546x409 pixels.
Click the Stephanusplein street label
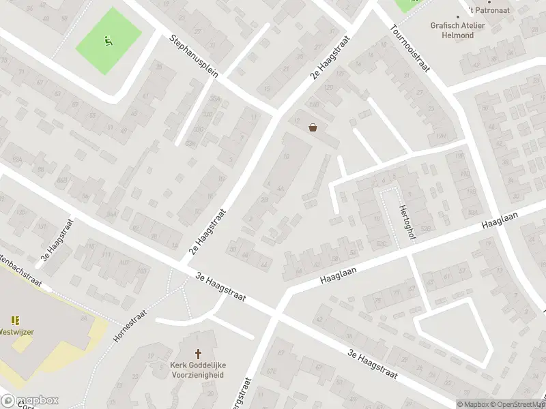(x=195, y=57)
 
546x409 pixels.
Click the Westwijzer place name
(x=16, y=333)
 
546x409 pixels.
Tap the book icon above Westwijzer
(x=15, y=320)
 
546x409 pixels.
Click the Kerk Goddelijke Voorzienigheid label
(x=199, y=369)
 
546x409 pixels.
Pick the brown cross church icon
(x=199, y=354)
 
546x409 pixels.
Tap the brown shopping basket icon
(x=313, y=127)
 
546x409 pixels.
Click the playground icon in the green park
(x=108, y=40)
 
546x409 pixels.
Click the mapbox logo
(x=29, y=401)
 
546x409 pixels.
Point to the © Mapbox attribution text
(x=474, y=404)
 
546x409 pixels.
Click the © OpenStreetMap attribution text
(x=520, y=404)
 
